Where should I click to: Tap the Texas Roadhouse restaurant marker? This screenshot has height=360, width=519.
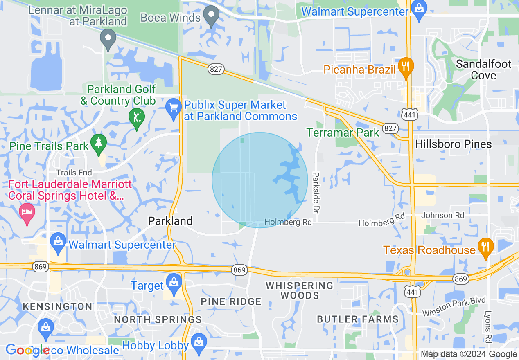pos(485,248)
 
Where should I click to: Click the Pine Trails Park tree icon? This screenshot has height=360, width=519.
pos(98,144)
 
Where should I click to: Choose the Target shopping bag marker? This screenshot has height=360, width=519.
pos(174,283)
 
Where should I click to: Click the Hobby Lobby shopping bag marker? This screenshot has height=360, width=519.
pos(199,343)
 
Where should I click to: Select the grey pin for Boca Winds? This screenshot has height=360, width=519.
pos(211,15)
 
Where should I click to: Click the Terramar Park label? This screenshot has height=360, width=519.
pos(343,133)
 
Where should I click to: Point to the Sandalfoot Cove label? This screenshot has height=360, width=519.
pos(483,70)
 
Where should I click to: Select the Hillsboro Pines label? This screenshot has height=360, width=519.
pos(453,144)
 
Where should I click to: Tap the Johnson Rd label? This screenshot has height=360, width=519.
pos(443,215)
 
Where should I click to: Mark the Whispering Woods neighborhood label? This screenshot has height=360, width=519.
pos(300,290)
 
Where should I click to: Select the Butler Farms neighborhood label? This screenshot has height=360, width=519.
pos(357,319)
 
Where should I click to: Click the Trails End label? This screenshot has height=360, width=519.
pos(74,173)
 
